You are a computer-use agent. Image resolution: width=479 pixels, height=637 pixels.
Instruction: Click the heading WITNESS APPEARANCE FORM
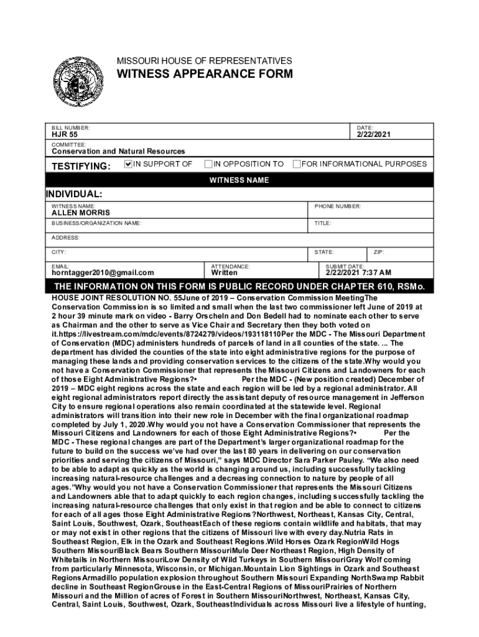coord(205,75)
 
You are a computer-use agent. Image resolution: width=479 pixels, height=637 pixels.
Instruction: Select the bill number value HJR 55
coord(65,134)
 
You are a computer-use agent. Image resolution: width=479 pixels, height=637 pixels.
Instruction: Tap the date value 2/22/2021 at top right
coord(374,134)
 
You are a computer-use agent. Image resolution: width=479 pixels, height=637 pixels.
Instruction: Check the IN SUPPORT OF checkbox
coord(129,164)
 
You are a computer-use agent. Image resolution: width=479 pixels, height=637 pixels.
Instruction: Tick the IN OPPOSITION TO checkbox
coord(208,164)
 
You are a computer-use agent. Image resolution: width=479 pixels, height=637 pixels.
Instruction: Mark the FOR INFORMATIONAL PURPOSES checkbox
coord(297,164)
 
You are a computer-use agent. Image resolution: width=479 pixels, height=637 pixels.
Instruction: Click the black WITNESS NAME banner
coord(239,180)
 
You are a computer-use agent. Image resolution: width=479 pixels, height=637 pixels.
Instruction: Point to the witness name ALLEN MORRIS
coord(80,213)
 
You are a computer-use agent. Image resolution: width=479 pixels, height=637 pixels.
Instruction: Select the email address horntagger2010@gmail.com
coord(103,272)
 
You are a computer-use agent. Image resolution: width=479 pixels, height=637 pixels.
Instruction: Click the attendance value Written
coord(224,272)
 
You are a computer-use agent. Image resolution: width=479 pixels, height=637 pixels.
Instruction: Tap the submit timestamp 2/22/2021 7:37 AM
coord(359,272)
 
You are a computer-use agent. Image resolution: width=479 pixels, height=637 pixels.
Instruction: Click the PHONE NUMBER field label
coord(338,206)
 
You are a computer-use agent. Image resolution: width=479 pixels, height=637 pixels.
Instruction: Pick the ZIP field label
coord(378,253)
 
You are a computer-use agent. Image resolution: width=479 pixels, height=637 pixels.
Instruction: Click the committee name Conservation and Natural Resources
coord(118,151)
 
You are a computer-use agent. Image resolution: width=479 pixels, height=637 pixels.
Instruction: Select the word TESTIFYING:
coord(81,166)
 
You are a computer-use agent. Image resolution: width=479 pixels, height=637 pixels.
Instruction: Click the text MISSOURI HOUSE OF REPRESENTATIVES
coord(205,61)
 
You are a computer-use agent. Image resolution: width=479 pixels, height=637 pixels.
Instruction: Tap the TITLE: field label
coord(323,223)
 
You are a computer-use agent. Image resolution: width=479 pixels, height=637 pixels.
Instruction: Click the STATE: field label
coord(324,253)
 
